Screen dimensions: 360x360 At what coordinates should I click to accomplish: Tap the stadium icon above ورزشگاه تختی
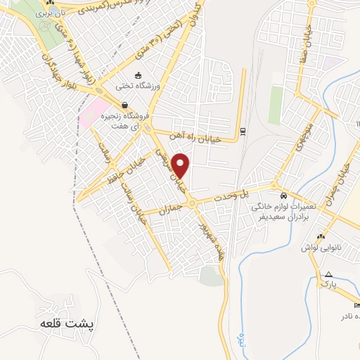point(138,76)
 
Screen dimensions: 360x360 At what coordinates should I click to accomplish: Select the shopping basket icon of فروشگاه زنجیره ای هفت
point(124,105)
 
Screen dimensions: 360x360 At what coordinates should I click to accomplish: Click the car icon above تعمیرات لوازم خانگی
point(283,196)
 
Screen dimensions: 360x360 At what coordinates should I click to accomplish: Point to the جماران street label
point(170,209)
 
